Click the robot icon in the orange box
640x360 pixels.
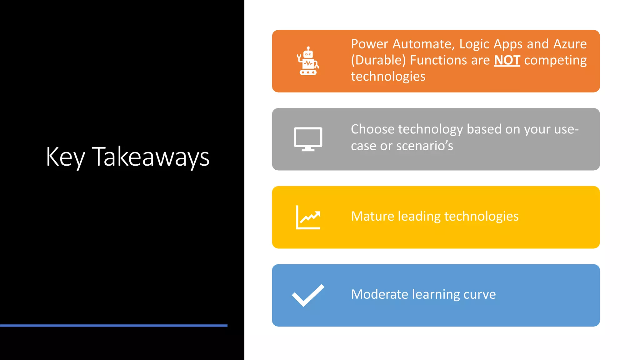pyautogui.click(x=308, y=61)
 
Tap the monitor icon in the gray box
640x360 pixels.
pyautogui.click(x=308, y=139)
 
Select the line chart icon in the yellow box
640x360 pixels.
pyautogui.click(x=308, y=217)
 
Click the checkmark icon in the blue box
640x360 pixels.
pyautogui.click(x=308, y=295)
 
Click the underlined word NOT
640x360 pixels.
pyautogui.click(x=507, y=60)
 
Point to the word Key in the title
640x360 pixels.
pyautogui.click(x=65, y=157)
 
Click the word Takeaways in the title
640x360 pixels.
pyautogui.click(x=151, y=157)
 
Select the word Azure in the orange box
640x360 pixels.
pyautogui.click(x=570, y=44)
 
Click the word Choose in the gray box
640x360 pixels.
pyautogui.click(x=372, y=129)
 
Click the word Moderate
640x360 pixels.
pyautogui.click(x=379, y=294)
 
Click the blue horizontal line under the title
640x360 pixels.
pyautogui.click(x=114, y=326)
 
